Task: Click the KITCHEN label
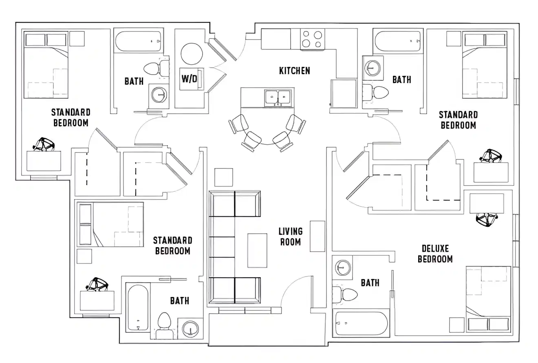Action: click(294, 71)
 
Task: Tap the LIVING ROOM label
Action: click(290, 237)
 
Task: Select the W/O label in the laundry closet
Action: click(189, 79)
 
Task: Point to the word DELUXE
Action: click(435, 248)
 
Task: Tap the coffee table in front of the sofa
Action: click(257, 250)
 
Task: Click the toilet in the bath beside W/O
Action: click(154, 68)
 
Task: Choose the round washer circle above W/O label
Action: click(192, 53)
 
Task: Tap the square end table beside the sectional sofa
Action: click(224, 177)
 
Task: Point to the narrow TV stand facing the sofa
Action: click(318, 236)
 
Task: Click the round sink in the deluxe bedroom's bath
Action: click(343, 268)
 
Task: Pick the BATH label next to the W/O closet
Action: click(134, 81)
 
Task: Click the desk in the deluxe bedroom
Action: click(487, 203)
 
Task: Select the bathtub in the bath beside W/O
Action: click(138, 41)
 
